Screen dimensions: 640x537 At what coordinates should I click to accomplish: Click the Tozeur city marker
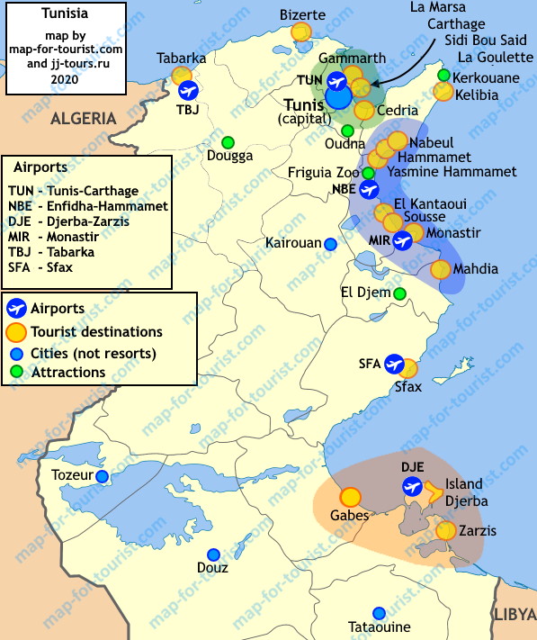click(x=103, y=476)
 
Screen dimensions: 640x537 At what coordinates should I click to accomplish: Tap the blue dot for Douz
click(x=213, y=554)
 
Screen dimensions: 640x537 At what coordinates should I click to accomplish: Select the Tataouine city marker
click(x=379, y=612)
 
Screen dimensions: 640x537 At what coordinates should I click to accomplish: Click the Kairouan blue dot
click(x=331, y=243)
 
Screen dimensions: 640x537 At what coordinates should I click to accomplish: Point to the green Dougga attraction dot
click(x=228, y=142)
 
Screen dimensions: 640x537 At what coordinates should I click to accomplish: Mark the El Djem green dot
click(x=399, y=293)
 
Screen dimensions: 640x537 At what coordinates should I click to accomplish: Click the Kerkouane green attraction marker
click(x=443, y=75)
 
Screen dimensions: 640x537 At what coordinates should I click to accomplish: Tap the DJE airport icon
click(x=413, y=487)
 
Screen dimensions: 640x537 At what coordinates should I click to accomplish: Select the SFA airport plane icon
click(x=394, y=365)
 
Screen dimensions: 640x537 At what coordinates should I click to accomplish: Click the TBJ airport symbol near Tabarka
click(x=188, y=90)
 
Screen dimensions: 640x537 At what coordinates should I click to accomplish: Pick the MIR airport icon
click(x=402, y=240)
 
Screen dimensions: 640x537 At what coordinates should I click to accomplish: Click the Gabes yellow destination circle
click(x=350, y=496)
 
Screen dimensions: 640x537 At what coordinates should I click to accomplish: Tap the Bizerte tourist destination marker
click(x=301, y=32)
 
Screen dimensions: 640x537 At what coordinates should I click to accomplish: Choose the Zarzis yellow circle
click(x=445, y=530)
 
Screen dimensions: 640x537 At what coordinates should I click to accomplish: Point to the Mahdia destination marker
click(x=440, y=268)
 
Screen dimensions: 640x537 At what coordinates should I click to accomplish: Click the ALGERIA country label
click(x=84, y=118)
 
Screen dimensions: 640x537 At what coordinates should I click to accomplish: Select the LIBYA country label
click(x=514, y=615)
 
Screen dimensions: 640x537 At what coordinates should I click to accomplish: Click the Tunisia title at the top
click(x=64, y=14)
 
